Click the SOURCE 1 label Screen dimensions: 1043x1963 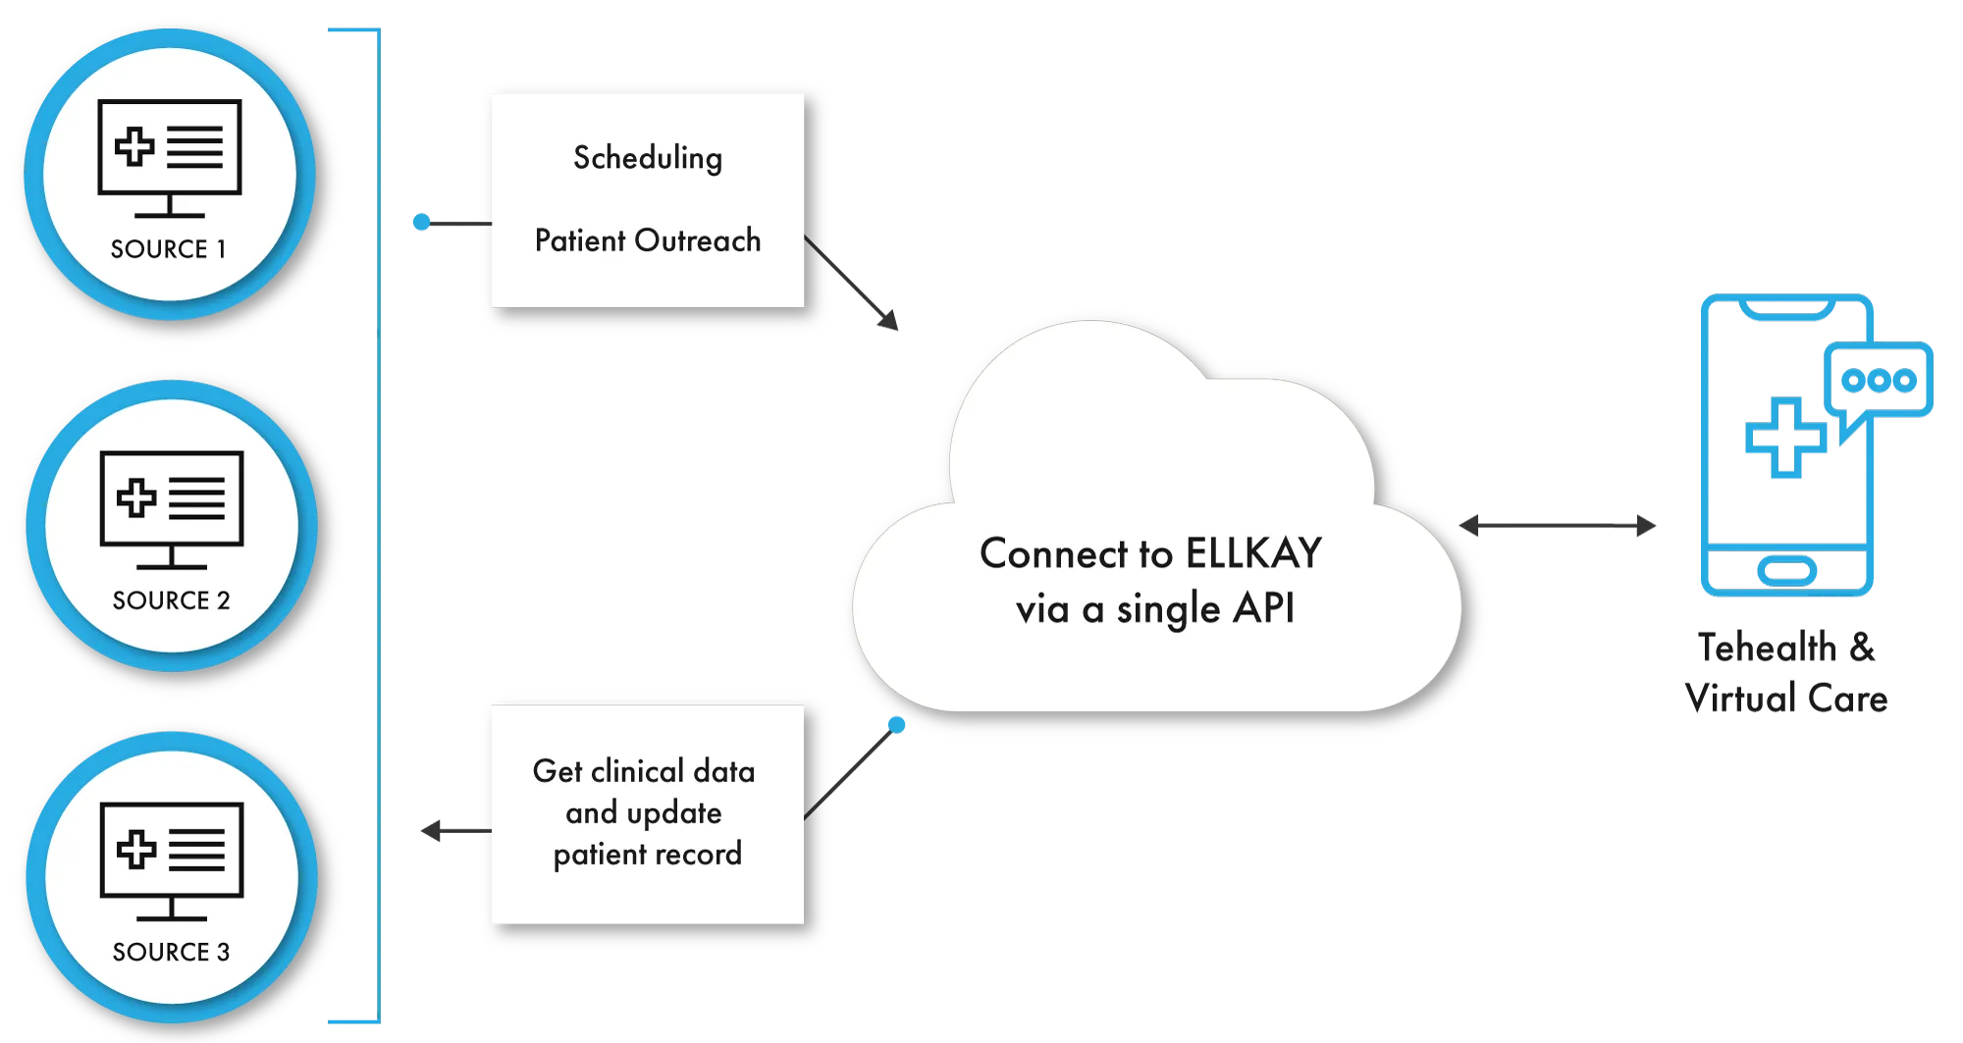pyautogui.click(x=168, y=249)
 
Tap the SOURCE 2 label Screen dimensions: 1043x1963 pyautogui.click(x=171, y=600)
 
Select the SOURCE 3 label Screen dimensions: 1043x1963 pyautogui.click(x=171, y=952)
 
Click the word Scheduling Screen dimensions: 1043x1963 pyautogui.click(x=648, y=158)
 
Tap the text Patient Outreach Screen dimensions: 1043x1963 pyautogui.click(x=648, y=240)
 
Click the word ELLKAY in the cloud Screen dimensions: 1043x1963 pyautogui.click(x=1253, y=553)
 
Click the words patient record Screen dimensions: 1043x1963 pyautogui.click(x=648, y=854)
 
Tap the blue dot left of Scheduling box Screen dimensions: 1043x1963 pyautogui.click(x=421, y=223)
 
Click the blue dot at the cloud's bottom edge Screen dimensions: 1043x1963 pyautogui.click(x=897, y=725)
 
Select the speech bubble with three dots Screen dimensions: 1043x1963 pyautogui.click(x=1879, y=381)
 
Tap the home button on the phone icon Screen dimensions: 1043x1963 pyautogui.click(x=1786, y=570)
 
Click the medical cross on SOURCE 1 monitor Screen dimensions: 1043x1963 pyautogui.click(x=134, y=147)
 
